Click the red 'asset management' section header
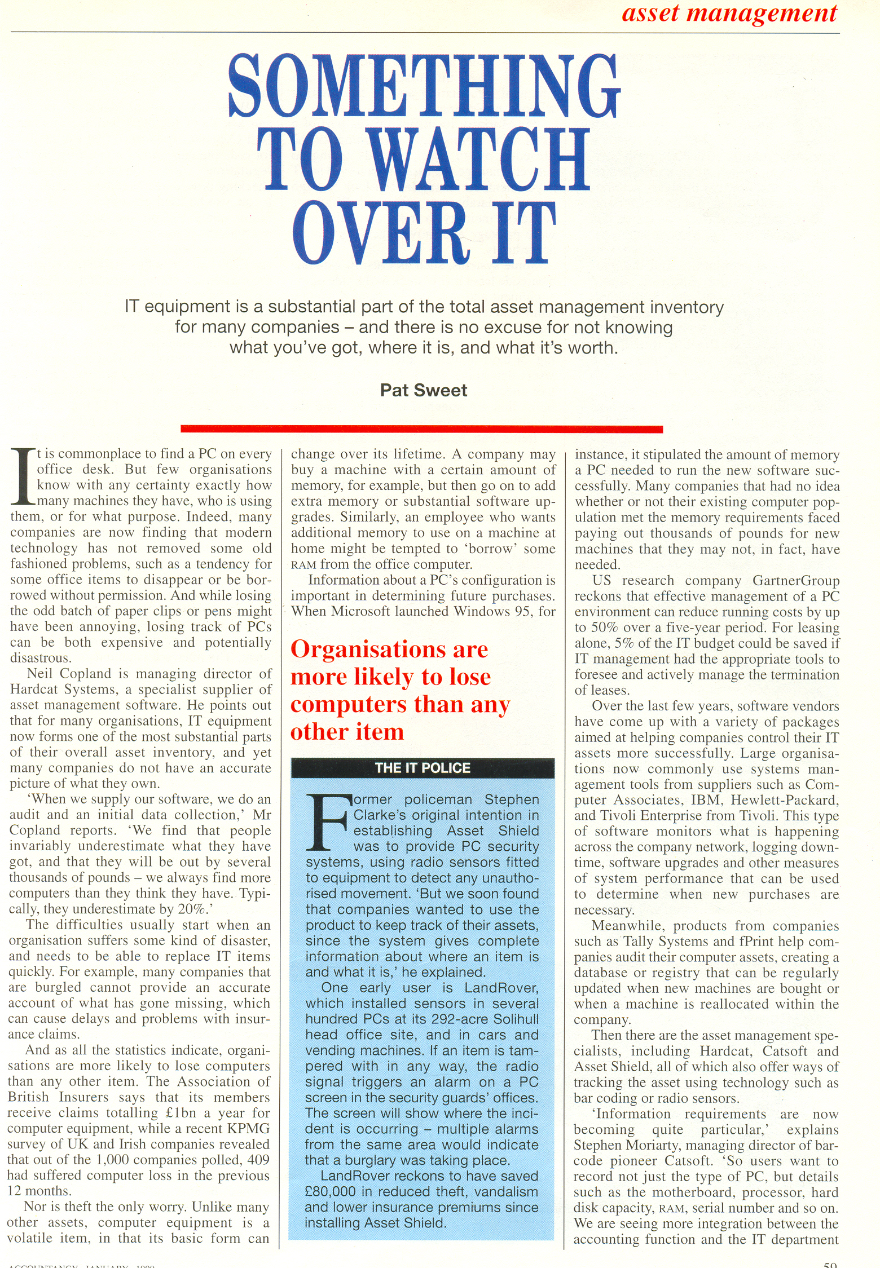coord(729,14)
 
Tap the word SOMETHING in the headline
coord(424,86)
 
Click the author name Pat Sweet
coord(423,390)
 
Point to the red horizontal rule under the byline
coord(421,430)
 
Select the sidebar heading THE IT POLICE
coord(423,768)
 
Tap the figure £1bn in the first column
coord(182,1113)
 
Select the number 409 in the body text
coord(257,1160)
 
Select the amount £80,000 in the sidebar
coord(331,1191)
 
